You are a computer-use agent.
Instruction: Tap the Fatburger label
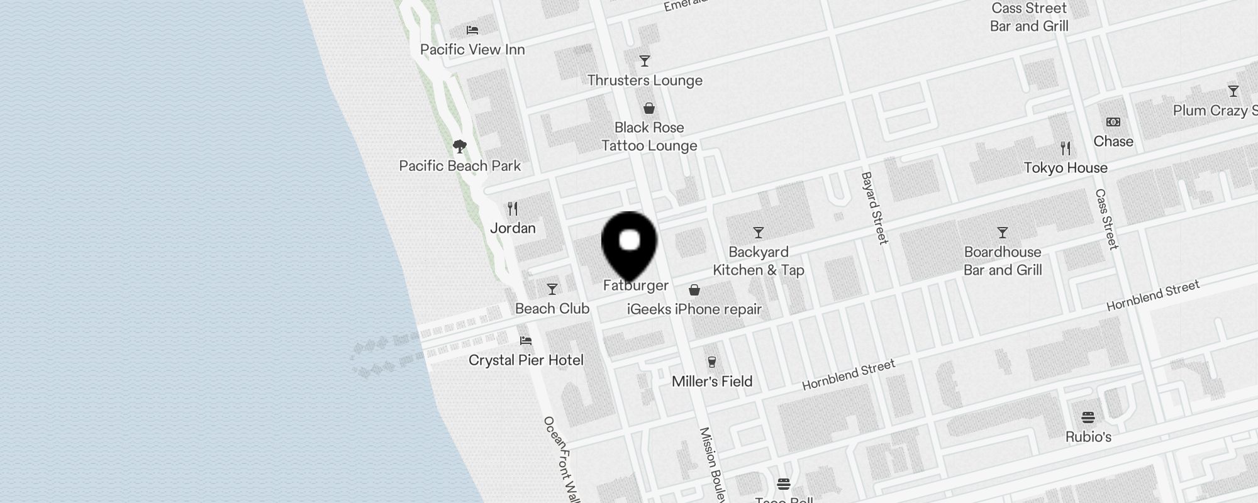(635, 285)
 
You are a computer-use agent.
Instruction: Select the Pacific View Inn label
(472, 50)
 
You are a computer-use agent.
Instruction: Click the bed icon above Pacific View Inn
(472, 30)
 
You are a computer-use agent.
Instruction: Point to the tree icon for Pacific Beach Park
(460, 147)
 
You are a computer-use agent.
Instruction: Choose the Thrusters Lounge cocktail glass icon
(644, 61)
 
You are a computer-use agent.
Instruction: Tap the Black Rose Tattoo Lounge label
(649, 136)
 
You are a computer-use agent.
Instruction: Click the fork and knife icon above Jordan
(513, 209)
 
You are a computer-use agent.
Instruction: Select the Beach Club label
(552, 309)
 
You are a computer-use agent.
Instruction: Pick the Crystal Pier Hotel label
(526, 360)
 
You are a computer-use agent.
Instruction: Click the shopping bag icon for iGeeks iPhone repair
(694, 290)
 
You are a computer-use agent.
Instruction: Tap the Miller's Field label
(712, 382)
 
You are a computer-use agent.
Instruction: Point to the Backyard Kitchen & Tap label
(758, 261)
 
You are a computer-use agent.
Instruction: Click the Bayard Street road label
(874, 207)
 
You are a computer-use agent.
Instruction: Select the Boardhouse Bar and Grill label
(1003, 261)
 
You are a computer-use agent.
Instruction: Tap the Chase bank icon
(1113, 122)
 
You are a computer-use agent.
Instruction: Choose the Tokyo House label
(1066, 168)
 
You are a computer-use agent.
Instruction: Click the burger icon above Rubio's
(1088, 417)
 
